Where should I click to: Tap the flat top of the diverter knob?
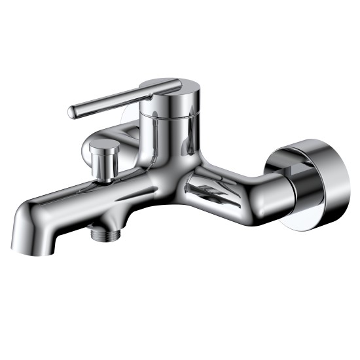pos(102,145)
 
